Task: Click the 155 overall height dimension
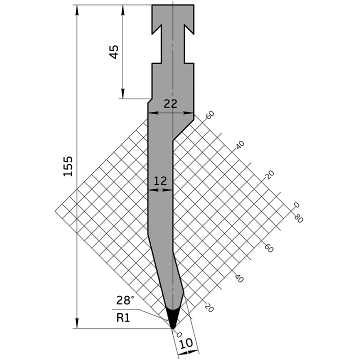coord(68,166)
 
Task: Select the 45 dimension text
coord(114,51)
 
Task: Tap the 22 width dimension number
coord(170,103)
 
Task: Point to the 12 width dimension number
coord(160,181)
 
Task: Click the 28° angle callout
coord(125,300)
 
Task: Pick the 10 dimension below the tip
coord(186,344)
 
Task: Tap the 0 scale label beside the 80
coord(296,205)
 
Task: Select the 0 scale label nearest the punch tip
coord(180,336)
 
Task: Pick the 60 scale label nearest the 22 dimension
coord(210,114)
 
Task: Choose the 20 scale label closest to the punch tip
coord(209,308)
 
